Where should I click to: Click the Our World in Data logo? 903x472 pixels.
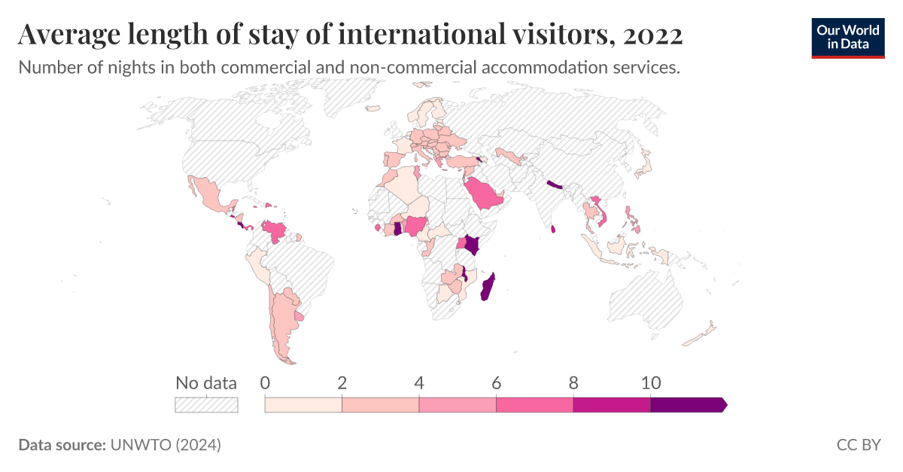(x=848, y=36)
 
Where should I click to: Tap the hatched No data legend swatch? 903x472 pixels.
(x=206, y=405)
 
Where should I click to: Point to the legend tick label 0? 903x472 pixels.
(x=265, y=382)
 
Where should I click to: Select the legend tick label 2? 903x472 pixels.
(x=342, y=382)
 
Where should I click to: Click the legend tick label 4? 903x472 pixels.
(x=419, y=382)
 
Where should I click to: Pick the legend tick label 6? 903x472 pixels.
(x=497, y=382)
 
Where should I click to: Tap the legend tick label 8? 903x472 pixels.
(x=573, y=382)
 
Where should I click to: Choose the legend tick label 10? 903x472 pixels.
(x=650, y=382)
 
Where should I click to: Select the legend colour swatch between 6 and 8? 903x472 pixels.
(x=535, y=405)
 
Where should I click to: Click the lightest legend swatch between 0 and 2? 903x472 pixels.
(x=303, y=405)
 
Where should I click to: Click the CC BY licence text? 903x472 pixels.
(x=859, y=445)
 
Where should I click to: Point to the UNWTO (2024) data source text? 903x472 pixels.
(x=166, y=445)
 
